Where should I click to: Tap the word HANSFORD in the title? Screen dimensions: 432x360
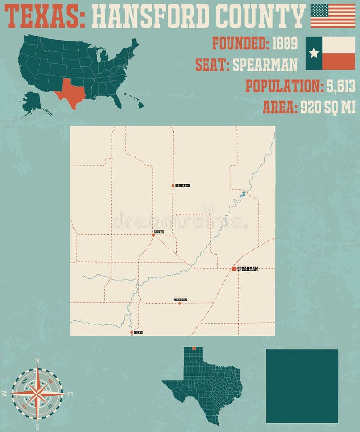(148, 15)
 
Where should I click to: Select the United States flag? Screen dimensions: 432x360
(333, 15)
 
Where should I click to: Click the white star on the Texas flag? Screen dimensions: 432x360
(314, 53)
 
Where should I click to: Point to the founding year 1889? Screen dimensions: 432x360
(285, 44)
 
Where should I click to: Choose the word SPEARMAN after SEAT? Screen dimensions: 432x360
(265, 64)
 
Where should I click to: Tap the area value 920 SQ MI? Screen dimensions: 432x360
(328, 107)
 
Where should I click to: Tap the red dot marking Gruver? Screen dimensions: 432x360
(153, 235)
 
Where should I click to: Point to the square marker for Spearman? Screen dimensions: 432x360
(234, 269)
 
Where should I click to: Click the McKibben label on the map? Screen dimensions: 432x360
(180, 300)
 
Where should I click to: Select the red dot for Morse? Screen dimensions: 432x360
(132, 332)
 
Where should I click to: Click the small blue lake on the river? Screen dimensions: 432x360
(243, 194)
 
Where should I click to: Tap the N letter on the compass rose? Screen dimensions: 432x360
(37, 360)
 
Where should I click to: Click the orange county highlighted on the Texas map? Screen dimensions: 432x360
(194, 348)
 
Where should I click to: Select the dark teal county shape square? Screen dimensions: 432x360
(302, 386)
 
